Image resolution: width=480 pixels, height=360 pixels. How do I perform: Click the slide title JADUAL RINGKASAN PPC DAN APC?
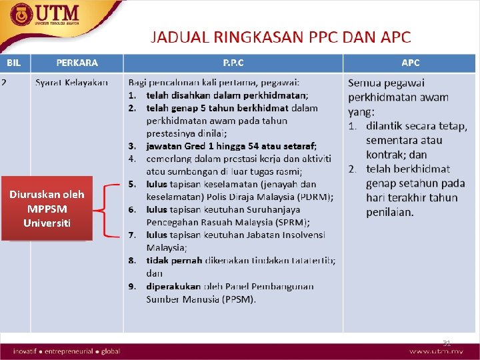[281, 37]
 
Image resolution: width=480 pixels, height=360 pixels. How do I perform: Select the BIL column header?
[14, 63]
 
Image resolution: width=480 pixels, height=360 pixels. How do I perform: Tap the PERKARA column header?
[77, 63]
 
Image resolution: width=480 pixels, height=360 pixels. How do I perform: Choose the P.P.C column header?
[233, 63]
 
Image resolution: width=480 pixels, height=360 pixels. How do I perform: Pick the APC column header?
[410, 63]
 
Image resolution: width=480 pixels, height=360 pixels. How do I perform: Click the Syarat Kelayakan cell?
[71, 83]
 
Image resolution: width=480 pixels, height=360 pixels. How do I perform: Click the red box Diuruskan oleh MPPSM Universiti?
[47, 208]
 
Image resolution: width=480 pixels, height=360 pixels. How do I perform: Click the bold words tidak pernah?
[173, 261]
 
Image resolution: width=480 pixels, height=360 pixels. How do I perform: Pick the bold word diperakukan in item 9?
[173, 286]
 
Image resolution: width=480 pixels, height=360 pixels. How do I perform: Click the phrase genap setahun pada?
[415, 183]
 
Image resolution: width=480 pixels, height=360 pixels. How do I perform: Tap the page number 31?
[447, 343]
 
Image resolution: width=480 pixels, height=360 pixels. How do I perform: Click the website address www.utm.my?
[437, 351]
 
